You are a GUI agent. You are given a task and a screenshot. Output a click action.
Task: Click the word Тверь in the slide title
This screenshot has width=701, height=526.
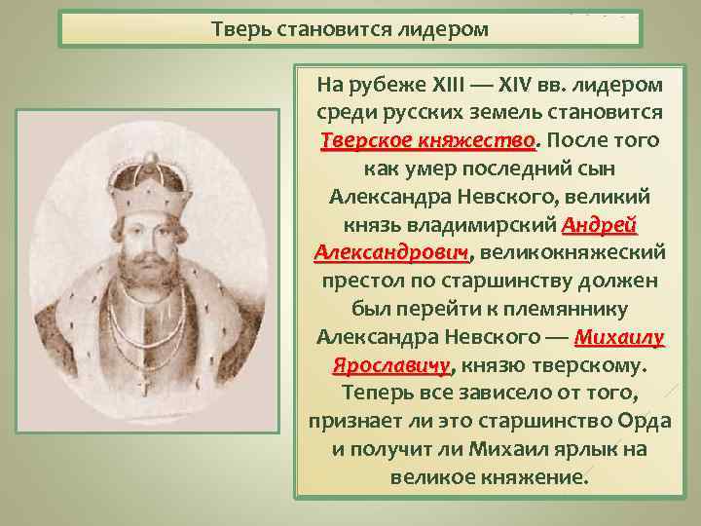[237, 28]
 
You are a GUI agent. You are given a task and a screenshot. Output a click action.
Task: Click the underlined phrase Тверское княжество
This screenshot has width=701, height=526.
[428, 141]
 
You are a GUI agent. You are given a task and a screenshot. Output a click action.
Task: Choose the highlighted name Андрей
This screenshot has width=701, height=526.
[600, 226]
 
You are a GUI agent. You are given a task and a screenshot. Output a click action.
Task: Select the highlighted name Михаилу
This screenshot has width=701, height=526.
[619, 338]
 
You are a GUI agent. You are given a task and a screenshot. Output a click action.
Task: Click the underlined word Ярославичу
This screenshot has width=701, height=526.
[391, 366]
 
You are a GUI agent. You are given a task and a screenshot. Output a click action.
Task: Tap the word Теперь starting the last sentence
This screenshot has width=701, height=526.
[374, 394]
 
